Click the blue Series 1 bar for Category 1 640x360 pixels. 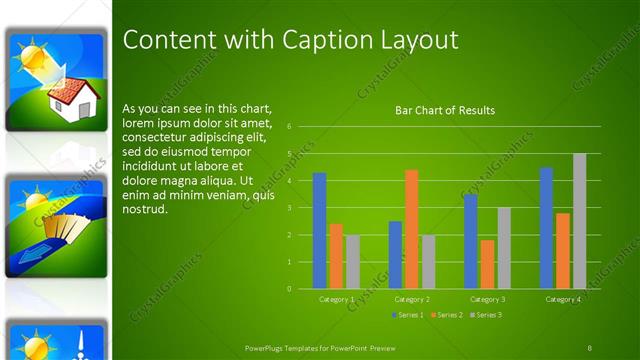tap(319, 231)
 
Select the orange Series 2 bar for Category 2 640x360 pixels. tap(411, 229)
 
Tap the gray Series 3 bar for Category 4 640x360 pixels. tap(579, 221)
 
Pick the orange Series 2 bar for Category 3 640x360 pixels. tap(487, 264)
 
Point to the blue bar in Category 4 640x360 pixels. tap(546, 228)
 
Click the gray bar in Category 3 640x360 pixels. tap(504, 248)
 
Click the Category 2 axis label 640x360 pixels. tap(411, 299)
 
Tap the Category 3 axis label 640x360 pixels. tap(487, 299)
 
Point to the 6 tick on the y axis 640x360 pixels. tap(288, 127)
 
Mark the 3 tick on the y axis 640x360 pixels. tap(288, 208)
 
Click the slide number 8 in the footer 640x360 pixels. tap(590, 347)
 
